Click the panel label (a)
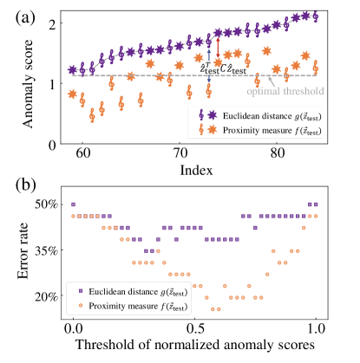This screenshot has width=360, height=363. point(19,14)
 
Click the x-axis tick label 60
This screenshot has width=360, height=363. point(83,154)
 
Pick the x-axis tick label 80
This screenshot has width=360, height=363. point(277,154)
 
